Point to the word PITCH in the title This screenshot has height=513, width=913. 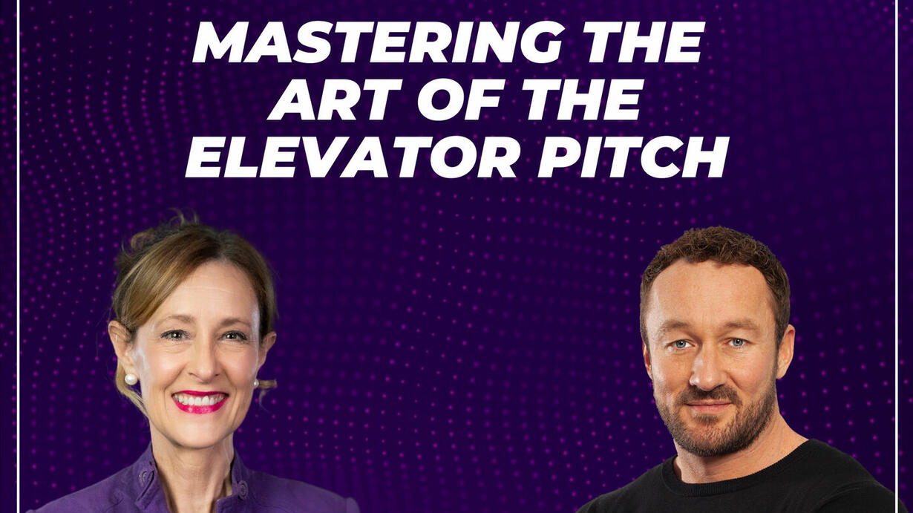coord(633,157)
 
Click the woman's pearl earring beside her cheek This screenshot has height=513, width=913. coord(131,379)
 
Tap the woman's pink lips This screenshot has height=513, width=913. coord(200,402)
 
